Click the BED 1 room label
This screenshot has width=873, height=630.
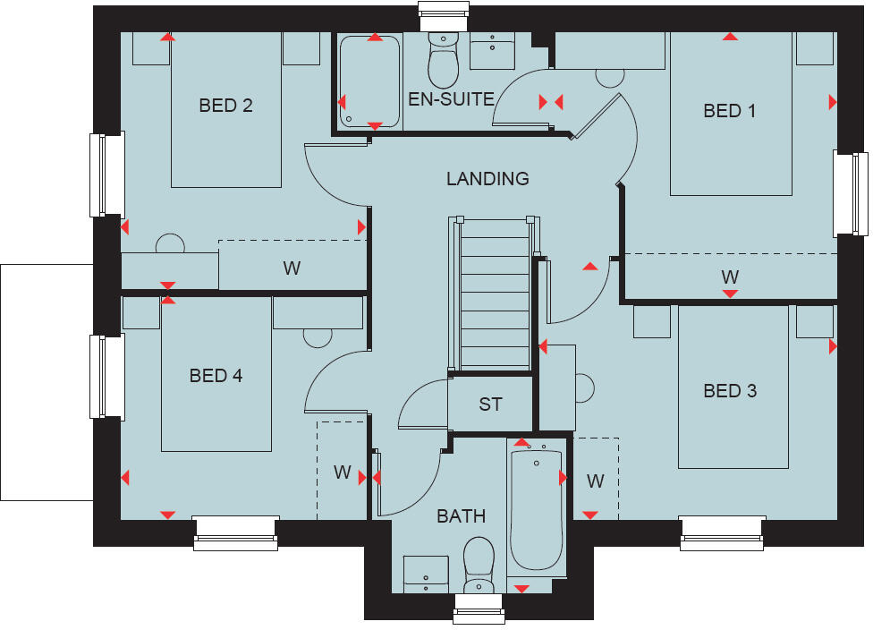point(729,111)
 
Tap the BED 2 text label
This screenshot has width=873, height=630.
point(225,106)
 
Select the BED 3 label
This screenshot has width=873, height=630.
point(730,391)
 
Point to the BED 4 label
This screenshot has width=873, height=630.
point(216,376)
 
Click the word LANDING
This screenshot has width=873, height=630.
point(487,179)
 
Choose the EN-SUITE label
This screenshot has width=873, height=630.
point(451,99)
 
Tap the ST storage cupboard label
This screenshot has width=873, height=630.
point(490,404)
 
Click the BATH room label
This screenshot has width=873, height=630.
point(462,516)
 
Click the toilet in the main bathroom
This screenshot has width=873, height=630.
point(479,564)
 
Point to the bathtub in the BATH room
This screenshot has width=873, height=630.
point(536,510)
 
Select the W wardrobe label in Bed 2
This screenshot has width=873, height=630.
point(292,268)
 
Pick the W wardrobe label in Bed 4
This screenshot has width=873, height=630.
point(342,472)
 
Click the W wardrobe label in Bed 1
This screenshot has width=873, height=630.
point(730,277)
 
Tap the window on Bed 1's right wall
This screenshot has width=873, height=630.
point(850,193)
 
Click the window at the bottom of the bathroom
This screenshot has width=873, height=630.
point(479,609)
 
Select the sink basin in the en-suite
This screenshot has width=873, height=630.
point(492,53)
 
